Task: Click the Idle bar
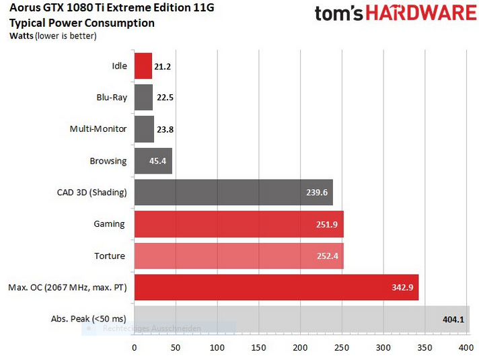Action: pos(143,66)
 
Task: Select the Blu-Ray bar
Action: pos(144,97)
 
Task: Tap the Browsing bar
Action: pos(153,161)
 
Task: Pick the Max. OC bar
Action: pos(277,287)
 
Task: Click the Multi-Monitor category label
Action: pos(98,129)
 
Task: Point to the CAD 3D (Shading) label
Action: pos(91,192)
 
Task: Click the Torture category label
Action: pos(110,256)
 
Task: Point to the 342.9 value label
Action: pos(402,288)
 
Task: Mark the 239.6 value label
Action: pos(316,192)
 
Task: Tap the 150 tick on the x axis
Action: pos(259,348)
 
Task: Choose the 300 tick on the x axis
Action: pos(383,348)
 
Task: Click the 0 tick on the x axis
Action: pos(135,348)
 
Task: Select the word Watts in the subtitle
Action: pos(22,36)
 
